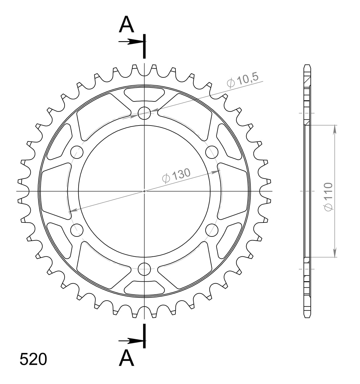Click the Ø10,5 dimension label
point(243,80)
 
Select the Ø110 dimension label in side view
point(328,197)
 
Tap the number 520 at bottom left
point(33,359)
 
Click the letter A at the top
point(126,25)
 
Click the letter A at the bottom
point(126,358)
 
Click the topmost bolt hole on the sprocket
point(144,113)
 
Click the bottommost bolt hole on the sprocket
point(144,269)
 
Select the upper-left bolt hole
point(77,151)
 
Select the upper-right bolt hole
point(212,151)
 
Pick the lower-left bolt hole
point(77,230)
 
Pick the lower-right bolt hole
point(212,230)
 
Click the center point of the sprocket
point(144,191)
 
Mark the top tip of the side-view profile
point(307,65)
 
